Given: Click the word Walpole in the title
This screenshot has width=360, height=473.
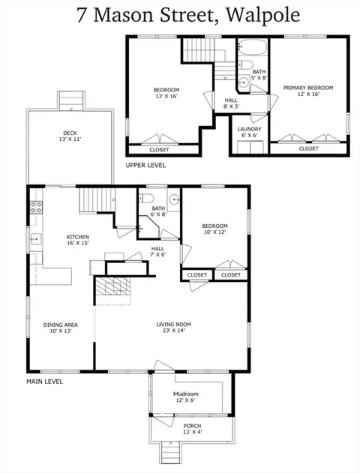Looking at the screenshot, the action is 262,15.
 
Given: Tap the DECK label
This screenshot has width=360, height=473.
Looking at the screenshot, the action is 70,133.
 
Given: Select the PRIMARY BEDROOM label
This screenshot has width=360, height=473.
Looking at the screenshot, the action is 308,88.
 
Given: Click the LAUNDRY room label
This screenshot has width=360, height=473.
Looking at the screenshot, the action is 249,129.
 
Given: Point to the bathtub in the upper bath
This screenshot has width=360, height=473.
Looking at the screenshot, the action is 252,47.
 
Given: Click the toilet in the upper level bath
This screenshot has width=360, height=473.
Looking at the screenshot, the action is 245,64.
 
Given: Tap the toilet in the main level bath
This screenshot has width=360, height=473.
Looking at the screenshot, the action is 147,198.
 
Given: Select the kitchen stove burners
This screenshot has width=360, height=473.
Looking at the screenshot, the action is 36,207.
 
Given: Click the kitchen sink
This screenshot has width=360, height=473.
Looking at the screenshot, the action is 35,239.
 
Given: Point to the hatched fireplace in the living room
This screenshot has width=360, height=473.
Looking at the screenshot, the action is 113,286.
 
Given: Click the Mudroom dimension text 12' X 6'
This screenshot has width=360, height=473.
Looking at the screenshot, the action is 185,400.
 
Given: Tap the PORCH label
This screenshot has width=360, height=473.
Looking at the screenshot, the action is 192,426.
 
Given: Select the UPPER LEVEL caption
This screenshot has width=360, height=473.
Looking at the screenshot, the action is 145,166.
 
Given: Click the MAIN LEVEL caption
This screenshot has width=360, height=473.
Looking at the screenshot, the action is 45,382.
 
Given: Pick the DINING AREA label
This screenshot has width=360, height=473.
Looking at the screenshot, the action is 61,325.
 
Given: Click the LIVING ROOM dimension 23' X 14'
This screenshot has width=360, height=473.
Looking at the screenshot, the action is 174,331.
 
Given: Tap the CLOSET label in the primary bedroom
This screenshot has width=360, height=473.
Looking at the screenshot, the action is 309,148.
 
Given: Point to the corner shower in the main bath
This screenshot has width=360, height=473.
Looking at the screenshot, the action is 148,228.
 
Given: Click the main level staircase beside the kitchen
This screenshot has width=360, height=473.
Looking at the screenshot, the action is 97,200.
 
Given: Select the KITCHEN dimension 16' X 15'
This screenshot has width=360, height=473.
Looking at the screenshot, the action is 78,243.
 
